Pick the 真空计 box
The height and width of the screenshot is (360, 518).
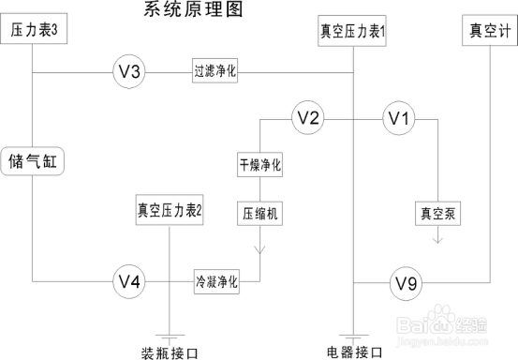[489, 31]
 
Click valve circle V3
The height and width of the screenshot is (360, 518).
[129, 71]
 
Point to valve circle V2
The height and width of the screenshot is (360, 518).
[308, 118]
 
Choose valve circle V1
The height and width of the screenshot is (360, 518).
[399, 118]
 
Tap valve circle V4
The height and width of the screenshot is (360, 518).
[129, 280]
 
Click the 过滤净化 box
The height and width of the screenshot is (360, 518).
[216, 71]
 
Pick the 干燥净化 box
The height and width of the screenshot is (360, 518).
[259, 165]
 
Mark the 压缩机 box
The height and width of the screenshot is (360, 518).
[259, 212]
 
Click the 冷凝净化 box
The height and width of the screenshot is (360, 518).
[216, 280]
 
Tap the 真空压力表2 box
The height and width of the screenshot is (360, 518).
[170, 210]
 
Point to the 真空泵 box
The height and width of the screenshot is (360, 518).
[437, 212]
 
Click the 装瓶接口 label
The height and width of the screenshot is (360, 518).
[170, 352]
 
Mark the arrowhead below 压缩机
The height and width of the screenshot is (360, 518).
[259, 249]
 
